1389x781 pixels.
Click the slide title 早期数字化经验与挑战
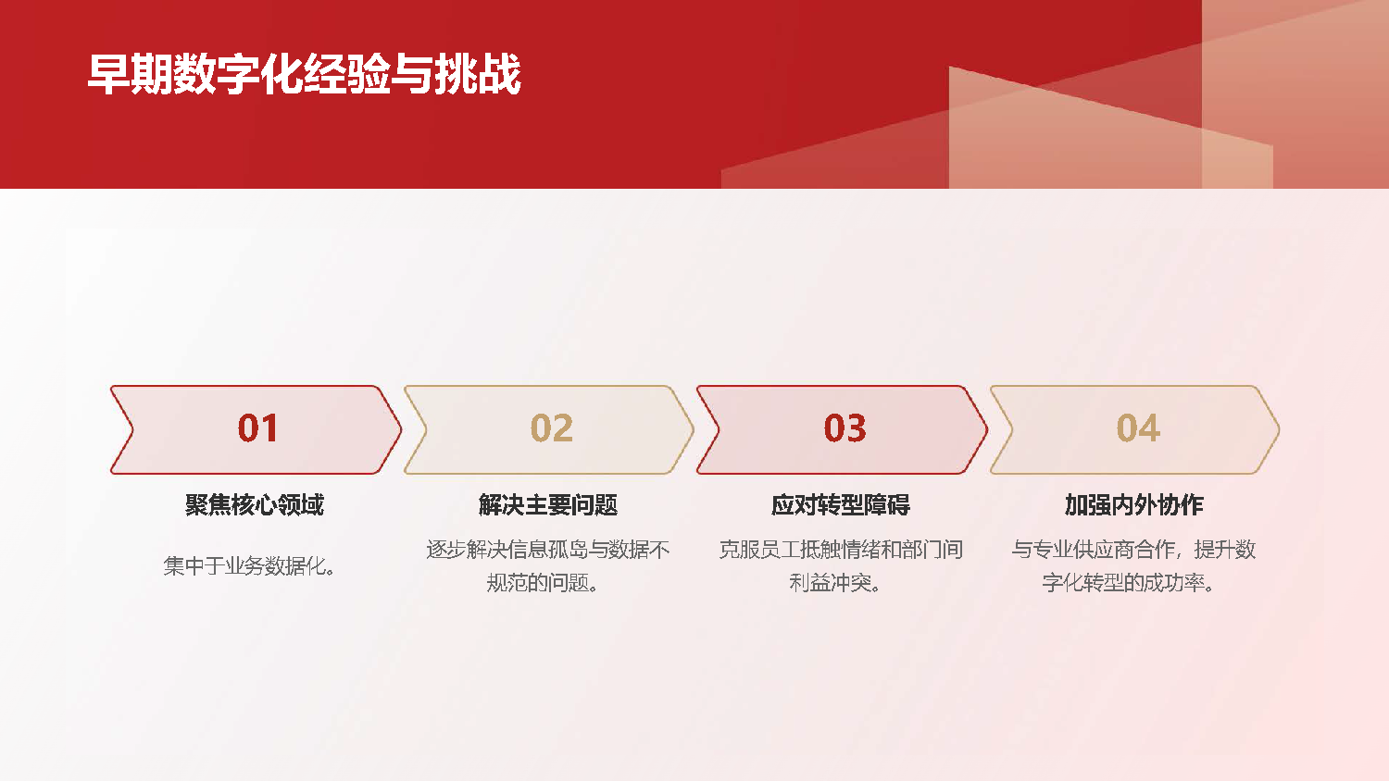pyautogui.click(x=304, y=74)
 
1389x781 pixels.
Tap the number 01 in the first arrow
pyautogui.click(x=257, y=428)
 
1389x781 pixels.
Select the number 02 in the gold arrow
pyautogui.click(x=551, y=428)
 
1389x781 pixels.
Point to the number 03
pyautogui.click(x=845, y=428)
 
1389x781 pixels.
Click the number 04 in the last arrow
pyautogui.click(x=1138, y=428)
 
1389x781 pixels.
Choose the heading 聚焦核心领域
pyautogui.click(x=255, y=504)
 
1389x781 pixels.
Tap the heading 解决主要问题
pyautogui.click(x=548, y=504)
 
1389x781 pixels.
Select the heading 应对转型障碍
pyautogui.click(x=841, y=504)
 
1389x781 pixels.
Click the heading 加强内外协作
pyautogui.click(x=1134, y=504)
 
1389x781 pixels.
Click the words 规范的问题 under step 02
pyautogui.click(x=537, y=583)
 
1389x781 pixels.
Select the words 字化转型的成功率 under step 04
pyautogui.click(x=1123, y=583)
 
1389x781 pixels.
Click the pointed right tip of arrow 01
pyautogui.click(x=401, y=429)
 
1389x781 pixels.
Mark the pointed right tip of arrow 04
pyautogui.click(x=1279, y=429)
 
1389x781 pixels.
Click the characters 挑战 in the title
pyautogui.click(x=478, y=74)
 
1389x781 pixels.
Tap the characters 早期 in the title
pyautogui.click(x=131, y=74)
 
